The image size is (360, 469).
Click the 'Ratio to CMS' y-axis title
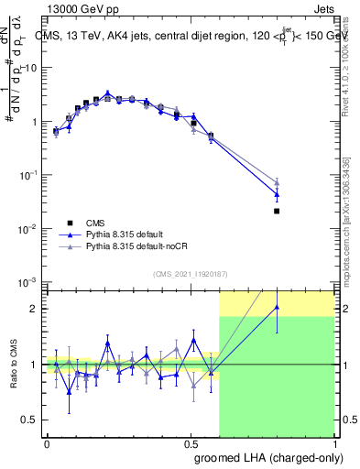coord(16,380)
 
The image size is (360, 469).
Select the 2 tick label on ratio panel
coord(36,309)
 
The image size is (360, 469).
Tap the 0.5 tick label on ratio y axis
coord(30,420)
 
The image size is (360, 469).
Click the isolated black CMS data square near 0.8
coord(277,211)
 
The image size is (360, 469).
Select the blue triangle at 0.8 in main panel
coord(277,194)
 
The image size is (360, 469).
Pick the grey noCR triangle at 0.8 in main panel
coord(277,182)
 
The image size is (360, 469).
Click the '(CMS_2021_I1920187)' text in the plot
coord(191,273)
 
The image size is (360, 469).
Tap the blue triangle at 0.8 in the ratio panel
coord(277,307)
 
